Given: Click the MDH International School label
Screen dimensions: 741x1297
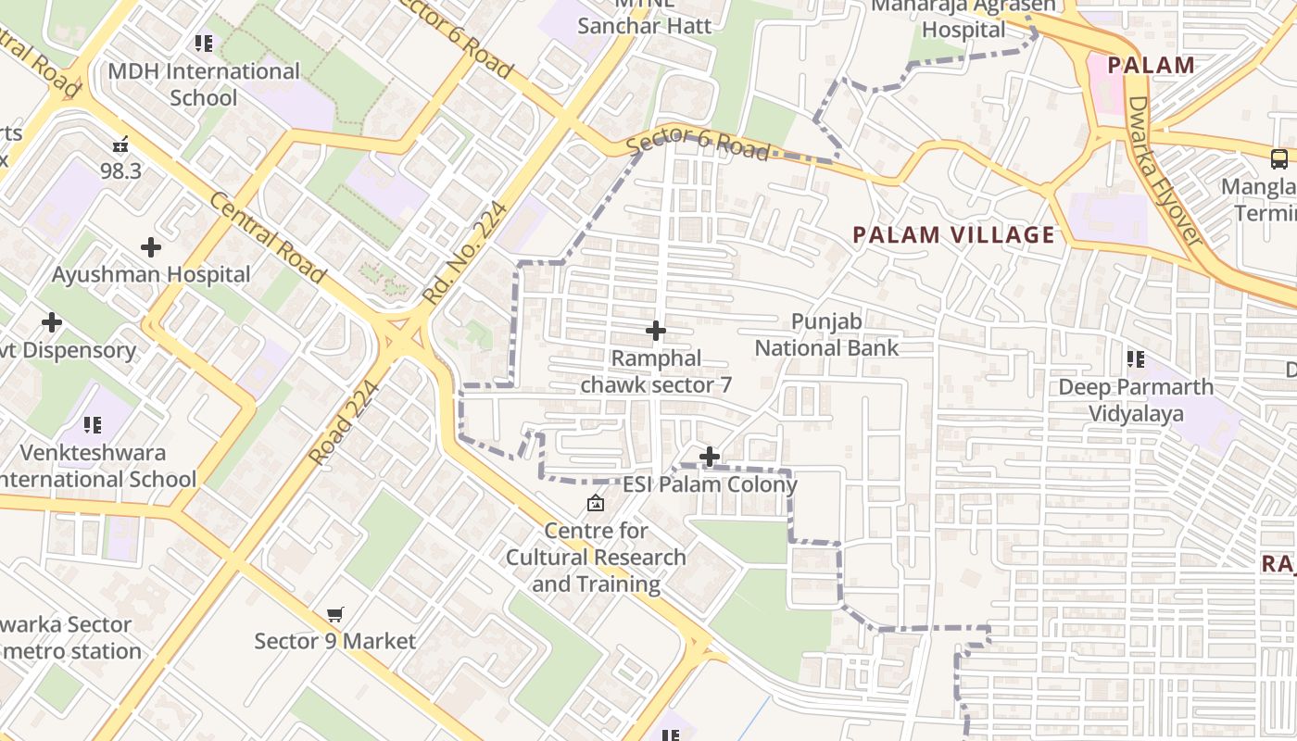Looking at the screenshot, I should tap(204, 84).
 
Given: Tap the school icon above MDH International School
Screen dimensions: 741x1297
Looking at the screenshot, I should tap(204, 43).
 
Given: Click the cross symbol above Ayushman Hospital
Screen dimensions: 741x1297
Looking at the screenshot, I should tap(150, 247).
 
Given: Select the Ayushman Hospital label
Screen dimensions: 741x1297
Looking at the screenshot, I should tap(151, 274).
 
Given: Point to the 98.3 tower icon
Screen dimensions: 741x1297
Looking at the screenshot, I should tap(120, 144).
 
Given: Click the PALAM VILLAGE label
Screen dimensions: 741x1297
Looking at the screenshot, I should tap(953, 235).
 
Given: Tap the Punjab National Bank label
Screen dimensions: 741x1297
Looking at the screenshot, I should tap(826, 334).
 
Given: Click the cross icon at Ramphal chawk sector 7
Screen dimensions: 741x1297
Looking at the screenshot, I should tap(655, 331).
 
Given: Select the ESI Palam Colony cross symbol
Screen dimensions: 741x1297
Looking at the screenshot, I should tap(710, 457).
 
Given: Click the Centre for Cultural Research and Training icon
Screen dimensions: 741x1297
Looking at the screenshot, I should tap(595, 504).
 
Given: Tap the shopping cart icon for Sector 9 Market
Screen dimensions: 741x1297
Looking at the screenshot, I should tap(334, 614).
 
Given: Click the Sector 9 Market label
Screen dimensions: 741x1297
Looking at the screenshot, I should tap(334, 641).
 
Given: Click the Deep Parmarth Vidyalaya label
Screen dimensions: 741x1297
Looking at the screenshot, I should tap(1135, 399).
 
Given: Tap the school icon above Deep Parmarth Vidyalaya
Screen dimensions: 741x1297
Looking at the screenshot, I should tap(1135, 358).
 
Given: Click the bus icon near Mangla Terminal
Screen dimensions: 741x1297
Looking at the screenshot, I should tap(1279, 158).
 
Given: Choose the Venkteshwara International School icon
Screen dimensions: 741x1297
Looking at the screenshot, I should tap(93, 425).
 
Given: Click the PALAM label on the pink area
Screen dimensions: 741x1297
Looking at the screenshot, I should tap(1151, 65).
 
